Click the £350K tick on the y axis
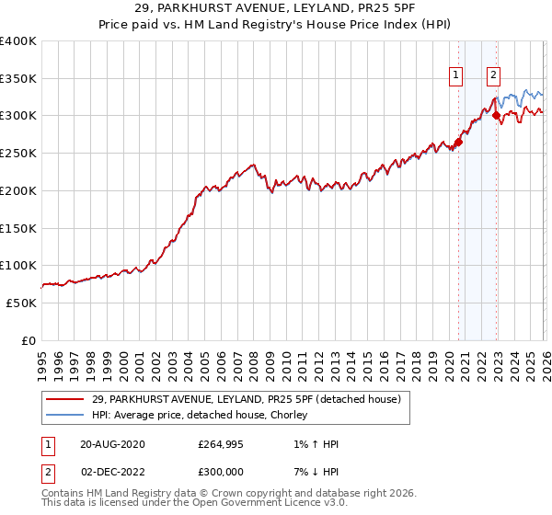click(18, 79)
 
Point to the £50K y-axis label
click(21, 303)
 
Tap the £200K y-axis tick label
click(18, 190)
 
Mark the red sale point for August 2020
click(458, 142)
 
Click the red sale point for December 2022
click(496, 115)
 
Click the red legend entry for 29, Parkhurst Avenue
click(246, 400)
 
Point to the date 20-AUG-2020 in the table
click(112, 444)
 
